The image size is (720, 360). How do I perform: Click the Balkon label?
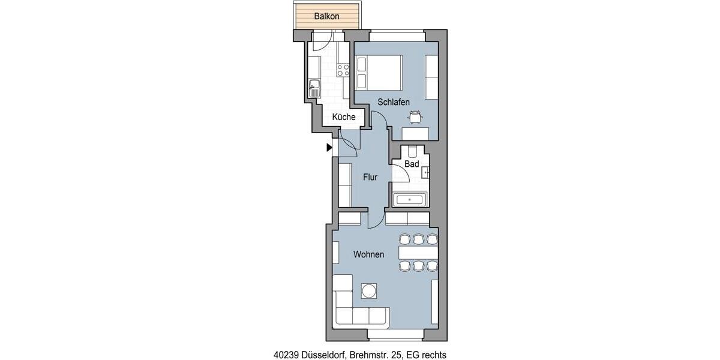click(327, 16)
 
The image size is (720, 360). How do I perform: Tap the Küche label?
click(343, 117)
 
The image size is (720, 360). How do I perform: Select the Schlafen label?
click(393, 102)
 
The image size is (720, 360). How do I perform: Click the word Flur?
click(370, 177)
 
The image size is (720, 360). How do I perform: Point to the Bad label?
click(411, 164)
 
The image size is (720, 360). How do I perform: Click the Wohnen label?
click(368, 254)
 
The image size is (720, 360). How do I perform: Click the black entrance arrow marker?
click(329, 147)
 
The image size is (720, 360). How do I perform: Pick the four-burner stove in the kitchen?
click(343, 70)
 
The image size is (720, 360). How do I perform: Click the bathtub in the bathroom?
click(409, 200)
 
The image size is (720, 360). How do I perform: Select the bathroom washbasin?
click(425, 172)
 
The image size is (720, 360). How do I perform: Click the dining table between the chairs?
click(418, 253)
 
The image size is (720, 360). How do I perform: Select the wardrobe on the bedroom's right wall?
click(431, 77)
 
